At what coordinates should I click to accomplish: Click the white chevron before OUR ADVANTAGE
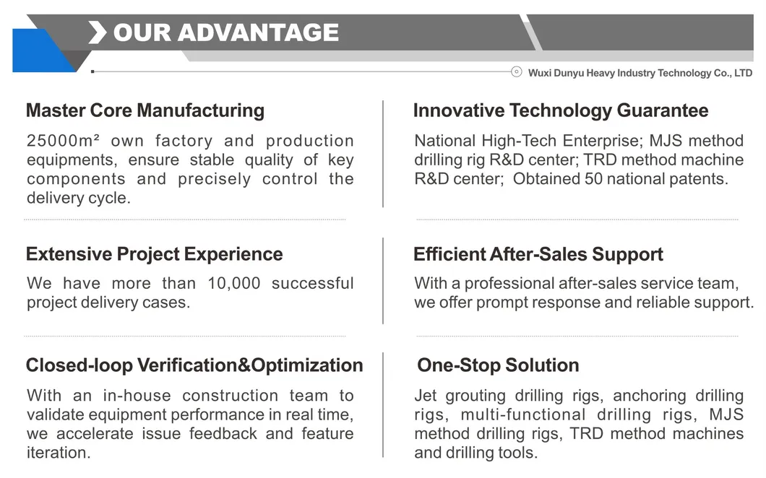coord(98,32)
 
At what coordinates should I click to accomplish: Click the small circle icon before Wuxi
coord(516,71)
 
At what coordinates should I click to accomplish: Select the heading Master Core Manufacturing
coord(145,110)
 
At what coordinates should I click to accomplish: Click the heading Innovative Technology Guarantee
coord(560,110)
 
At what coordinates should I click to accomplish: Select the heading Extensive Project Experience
coord(154,254)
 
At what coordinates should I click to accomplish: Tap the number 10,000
coord(233,283)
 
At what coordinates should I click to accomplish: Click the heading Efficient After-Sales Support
coord(538,254)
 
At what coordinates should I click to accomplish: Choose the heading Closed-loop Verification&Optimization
coord(194,365)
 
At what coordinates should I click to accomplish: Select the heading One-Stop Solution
coord(498,365)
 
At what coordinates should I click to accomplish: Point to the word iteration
coord(59,453)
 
